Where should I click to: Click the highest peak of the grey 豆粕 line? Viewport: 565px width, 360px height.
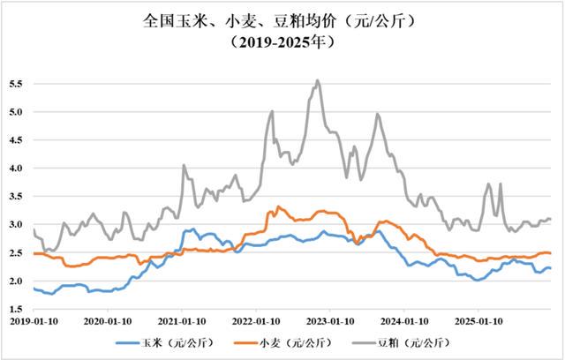pos(318,80)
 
